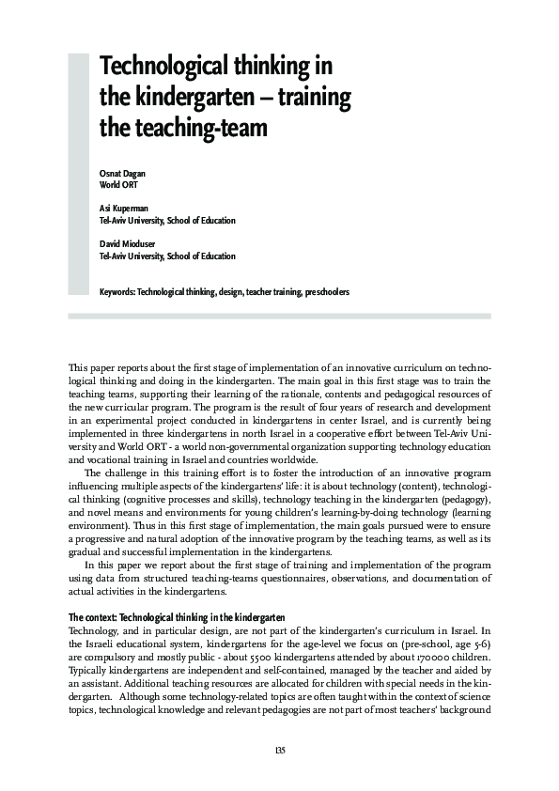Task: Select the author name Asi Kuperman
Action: (125, 209)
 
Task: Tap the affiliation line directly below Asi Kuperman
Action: (167, 221)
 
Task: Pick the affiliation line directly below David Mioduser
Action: (167, 256)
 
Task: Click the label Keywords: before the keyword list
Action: (116, 292)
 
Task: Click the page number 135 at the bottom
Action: (279, 750)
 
